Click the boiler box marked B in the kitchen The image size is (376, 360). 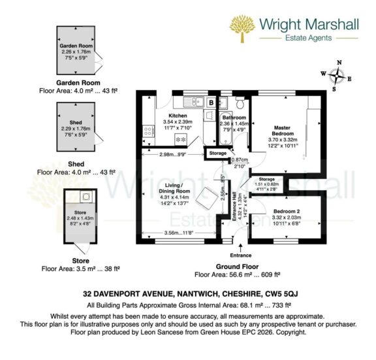(211, 103)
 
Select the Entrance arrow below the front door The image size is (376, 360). (242, 248)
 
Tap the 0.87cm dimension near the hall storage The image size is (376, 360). (240, 160)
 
